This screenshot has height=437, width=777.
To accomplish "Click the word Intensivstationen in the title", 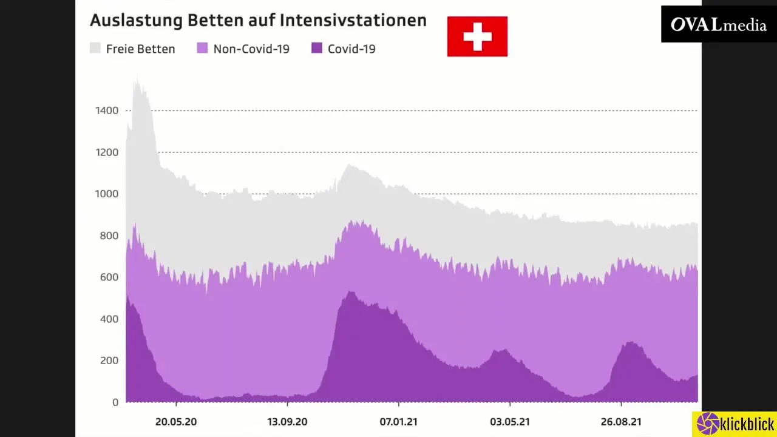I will coord(353,20).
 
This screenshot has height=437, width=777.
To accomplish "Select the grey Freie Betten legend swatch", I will coord(95,49).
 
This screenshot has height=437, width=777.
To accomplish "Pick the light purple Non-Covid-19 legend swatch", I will coord(202,49).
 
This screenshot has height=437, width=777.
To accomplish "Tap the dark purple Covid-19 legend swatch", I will coord(316,49).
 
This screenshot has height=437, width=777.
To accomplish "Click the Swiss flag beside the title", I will coord(477,36).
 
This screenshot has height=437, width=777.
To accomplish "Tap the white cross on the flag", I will coord(477,36).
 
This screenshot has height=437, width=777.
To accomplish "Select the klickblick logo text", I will coord(747,424).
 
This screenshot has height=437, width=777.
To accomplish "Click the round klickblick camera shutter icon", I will coord(707,424).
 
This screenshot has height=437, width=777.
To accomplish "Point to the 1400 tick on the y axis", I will coord(106,110).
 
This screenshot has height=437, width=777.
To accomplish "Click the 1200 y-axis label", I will coord(106,152).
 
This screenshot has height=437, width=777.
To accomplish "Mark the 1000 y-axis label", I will coord(106,194).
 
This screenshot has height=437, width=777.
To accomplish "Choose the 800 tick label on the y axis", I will coord(108,235).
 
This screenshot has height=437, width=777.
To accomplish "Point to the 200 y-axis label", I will coord(108,361).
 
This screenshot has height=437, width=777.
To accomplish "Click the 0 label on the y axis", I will coord(114,402).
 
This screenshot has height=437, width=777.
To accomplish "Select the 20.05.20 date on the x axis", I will coord(176,421).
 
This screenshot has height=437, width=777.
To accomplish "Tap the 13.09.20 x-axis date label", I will coord(287,421).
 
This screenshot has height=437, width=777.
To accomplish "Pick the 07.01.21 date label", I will coord(398,421).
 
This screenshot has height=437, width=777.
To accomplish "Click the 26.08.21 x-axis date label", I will coord(621,421).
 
